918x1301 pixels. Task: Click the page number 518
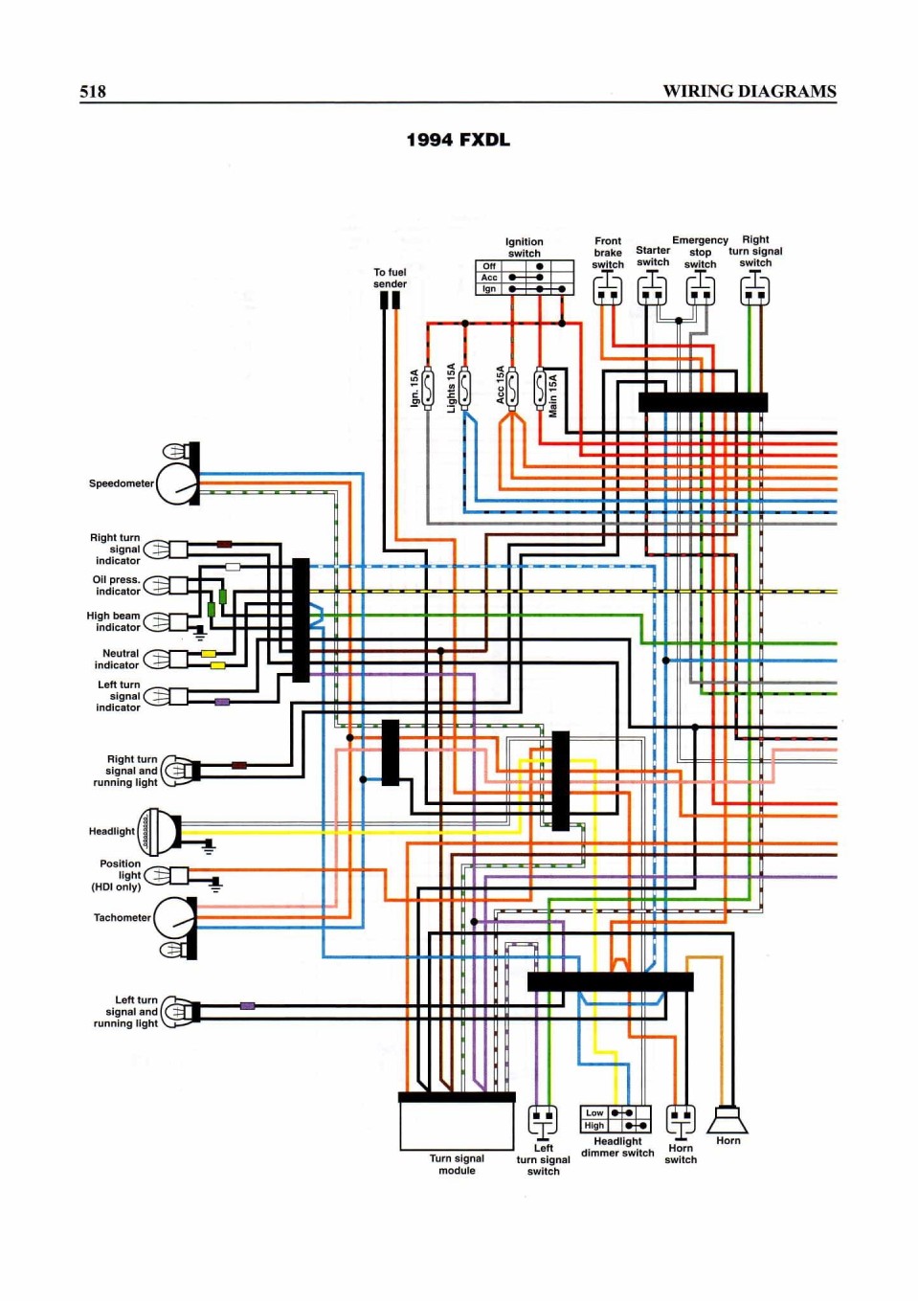pyautogui.click(x=93, y=92)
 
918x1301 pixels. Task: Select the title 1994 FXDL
pyautogui.click(x=459, y=141)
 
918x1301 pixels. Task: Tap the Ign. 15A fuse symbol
pyautogui.click(x=428, y=388)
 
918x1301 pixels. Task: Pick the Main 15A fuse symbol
pyautogui.click(x=540, y=388)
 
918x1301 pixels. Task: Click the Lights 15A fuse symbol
pyautogui.click(x=464, y=388)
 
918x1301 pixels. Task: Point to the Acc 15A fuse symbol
pyautogui.click(x=512, y=388)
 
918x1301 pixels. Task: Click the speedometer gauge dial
pyautogui.click(x=177, y=484)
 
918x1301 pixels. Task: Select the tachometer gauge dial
pyautogui.click(x=175, y=918)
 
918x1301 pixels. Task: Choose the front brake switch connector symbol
pyautogui.click(x=607, y=290)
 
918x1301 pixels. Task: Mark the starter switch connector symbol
pyautogui.click(x=652, y=290)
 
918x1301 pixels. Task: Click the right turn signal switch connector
pyautogui.click(x=755, y=290)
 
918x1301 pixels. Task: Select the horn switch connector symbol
pyautogui.click(x=680, y=1120)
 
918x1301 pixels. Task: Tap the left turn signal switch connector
pyautogui.click(x=543, y=1120)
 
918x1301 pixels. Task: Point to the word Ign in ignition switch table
pyautogui.click(x=489, y=289)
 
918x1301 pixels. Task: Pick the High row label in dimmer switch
pyautogui.click(x=594, y=1126)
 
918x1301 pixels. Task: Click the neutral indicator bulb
pyautogui.click(x=157, y=659)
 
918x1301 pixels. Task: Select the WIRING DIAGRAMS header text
pyautogui.click(x=750, y=92)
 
